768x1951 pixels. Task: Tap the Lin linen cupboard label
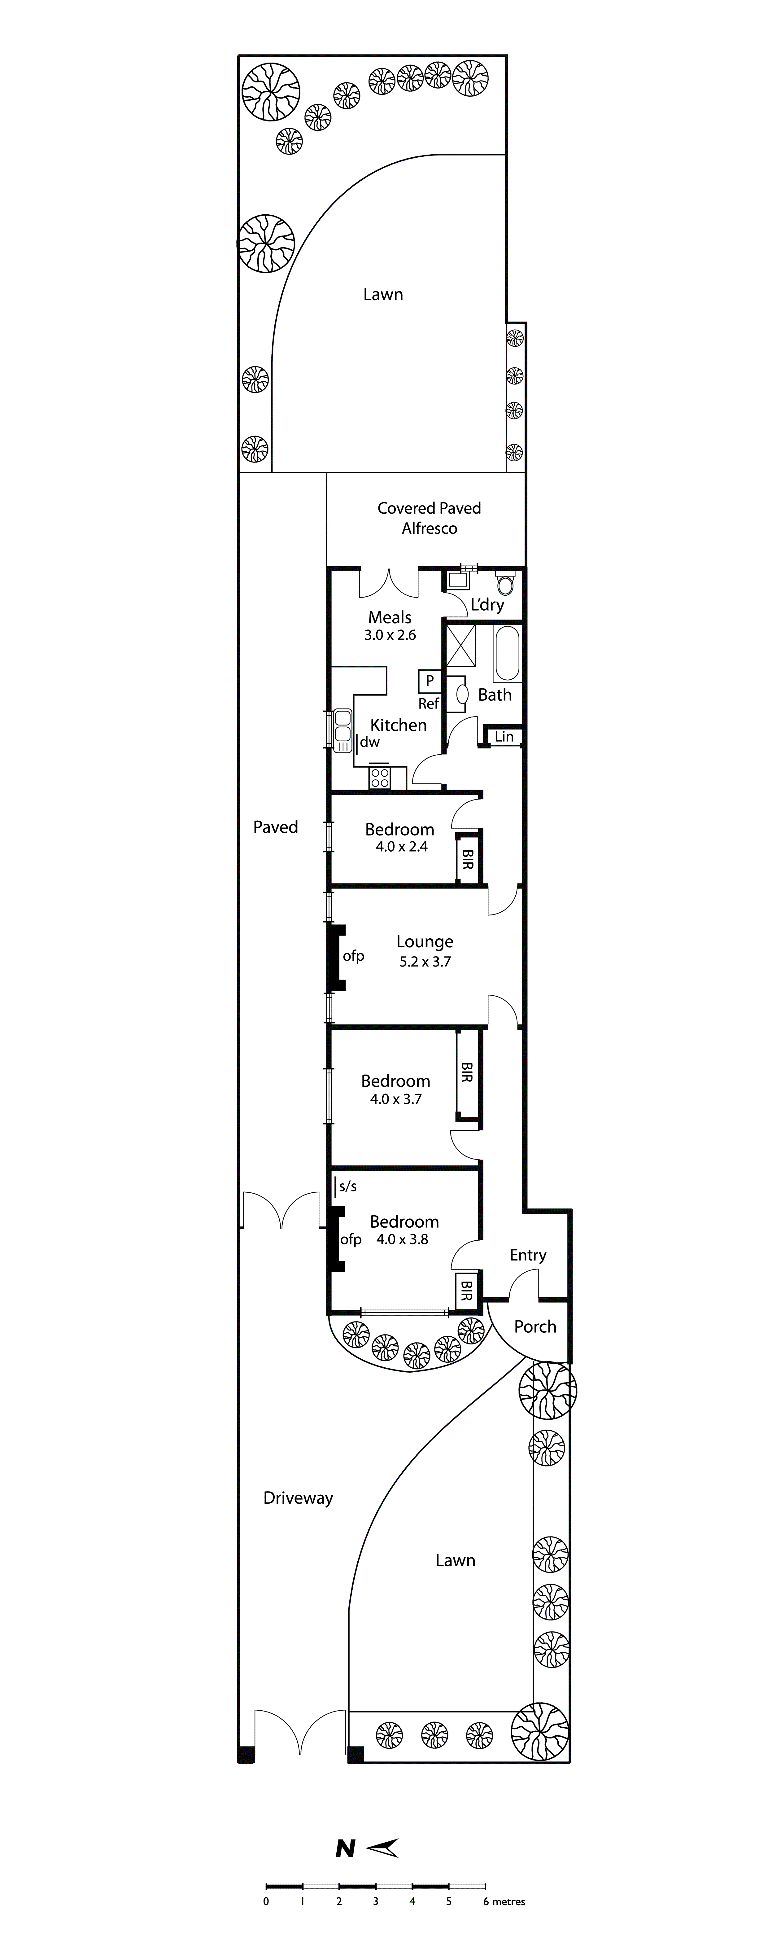tap(504, 736)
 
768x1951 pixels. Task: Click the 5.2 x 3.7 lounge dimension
tap(425, 962)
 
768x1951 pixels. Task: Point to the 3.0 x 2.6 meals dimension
tap(390, 635)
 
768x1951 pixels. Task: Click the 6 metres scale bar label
tap(504, 1901)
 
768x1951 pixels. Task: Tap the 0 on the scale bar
tap(266, 1901)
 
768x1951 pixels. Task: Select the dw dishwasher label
tap(370, 742)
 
